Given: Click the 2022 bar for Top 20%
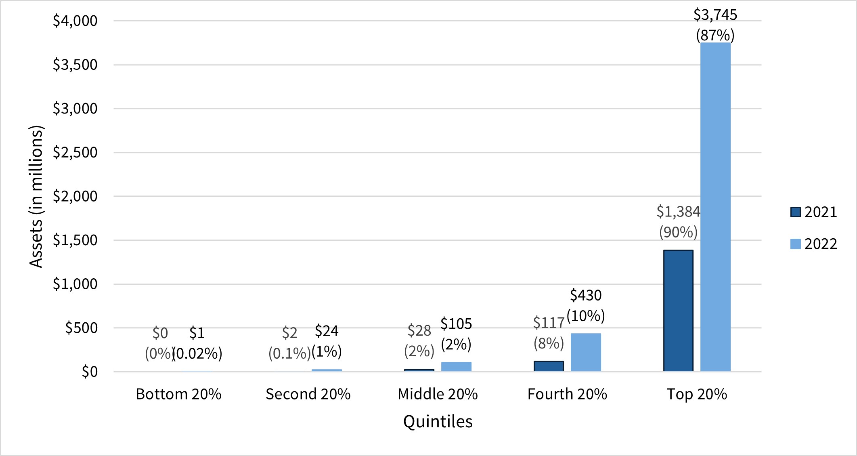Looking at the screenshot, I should coord(715,207).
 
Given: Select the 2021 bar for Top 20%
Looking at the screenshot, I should coord(678,311).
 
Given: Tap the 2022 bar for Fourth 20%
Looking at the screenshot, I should coord(586,352).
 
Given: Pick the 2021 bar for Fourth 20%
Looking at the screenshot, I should coord(549,366).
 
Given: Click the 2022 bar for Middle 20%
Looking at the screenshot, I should coord(456,366).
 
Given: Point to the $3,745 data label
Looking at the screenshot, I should coord(715,15).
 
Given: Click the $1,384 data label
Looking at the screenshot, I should coord(678,211).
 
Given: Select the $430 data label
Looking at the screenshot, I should coord(586,295).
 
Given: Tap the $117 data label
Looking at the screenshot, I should coord(549,323).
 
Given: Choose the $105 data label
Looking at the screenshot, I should coord(456,324).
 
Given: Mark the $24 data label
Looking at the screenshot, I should coord(327,331).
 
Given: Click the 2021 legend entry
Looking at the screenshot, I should coord(813,212).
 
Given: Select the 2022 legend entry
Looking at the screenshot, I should coord(813,244).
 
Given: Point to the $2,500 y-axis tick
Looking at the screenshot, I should coord(75,152).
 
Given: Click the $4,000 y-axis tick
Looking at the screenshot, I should coord(75,21).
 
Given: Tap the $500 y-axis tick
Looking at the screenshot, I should coord(81,328).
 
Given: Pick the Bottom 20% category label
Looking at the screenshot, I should coord(178,394).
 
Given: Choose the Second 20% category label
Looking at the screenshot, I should coord(308,394).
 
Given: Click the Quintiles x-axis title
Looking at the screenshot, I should coord(438,421).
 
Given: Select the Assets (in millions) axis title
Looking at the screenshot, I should coord(36,196).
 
